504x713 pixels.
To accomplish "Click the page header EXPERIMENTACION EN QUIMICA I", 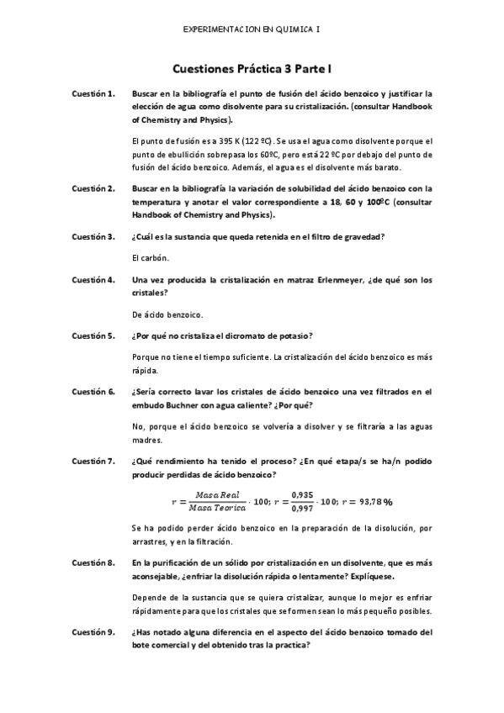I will pos(252,29).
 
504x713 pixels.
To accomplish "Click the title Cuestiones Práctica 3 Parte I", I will pos(252,73).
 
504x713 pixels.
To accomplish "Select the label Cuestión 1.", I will pos(93,94).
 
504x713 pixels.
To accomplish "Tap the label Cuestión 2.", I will pos(93,189).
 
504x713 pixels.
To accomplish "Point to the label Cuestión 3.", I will pos(93,236).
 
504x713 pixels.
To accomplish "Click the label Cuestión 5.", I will pos(93,336).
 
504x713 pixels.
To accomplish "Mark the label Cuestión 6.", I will pos(93,392).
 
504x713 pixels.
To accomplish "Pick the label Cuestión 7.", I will pos(93,461).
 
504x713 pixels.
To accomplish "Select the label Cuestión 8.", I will pos(93,559).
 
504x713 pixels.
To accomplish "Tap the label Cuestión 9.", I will pos(93,631).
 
